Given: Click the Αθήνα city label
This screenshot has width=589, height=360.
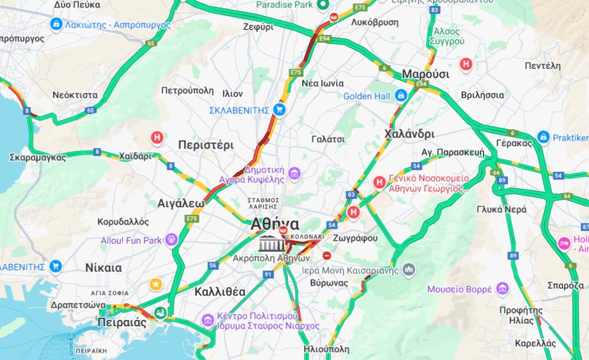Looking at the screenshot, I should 275,225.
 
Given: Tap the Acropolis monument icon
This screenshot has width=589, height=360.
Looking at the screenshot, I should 270,243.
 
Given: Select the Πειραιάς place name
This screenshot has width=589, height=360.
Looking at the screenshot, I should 121,323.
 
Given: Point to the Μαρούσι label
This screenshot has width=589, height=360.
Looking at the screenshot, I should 425,74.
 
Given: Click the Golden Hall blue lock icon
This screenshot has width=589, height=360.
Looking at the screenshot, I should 401,95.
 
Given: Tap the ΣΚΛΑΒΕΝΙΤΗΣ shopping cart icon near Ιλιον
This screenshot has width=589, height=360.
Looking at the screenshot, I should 280,110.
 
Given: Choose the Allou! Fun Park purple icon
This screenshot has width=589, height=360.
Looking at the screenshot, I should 172,240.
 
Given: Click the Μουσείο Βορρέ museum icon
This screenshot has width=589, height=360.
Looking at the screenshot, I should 503,288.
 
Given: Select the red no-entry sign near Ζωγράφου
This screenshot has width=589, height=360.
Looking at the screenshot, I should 326,255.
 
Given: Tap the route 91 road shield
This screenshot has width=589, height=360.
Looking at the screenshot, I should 268,274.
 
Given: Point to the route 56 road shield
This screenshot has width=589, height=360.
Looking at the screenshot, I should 213,265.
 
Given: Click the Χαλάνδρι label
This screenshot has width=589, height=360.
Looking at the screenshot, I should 409,133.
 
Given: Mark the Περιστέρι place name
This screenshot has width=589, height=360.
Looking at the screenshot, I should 206,145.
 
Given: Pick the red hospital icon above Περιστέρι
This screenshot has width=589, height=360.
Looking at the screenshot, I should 157,138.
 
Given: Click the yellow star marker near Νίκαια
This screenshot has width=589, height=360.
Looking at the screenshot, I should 156,284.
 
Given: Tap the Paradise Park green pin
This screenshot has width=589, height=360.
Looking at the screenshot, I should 323,5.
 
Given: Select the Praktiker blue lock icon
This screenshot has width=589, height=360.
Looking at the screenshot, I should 543,137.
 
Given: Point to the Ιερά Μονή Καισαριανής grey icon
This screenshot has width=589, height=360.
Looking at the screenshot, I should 408,270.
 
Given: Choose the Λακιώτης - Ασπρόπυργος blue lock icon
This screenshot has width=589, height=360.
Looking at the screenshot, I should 56,24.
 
